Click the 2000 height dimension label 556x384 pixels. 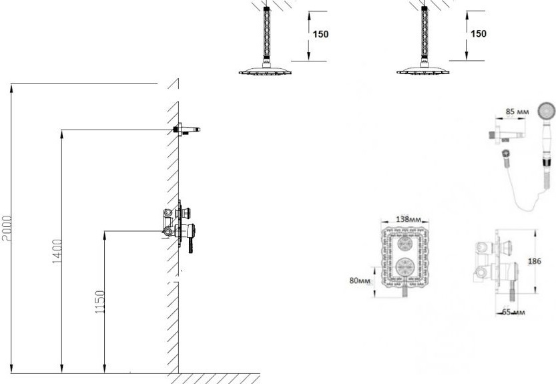coord(7,228)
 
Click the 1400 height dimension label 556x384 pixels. coord(57,251)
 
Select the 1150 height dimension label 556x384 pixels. coord(100,302)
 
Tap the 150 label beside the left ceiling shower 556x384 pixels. coord(320,34)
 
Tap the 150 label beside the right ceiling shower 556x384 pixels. coord(479,33)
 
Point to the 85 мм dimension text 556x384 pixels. coord(517,112)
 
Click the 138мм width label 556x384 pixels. coord(408,219)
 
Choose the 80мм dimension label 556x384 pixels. coord(360,280)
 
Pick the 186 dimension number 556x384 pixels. coord(535,261)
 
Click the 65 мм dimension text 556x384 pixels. coord(513,313)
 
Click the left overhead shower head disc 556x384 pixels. coord(265,71)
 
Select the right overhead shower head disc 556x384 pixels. coord(423,71)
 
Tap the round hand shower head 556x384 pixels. coord(546,110)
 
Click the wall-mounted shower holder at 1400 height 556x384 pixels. coord(186,130)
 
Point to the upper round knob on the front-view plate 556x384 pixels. coord(404,244)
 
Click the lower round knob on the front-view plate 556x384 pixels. coord(404,266)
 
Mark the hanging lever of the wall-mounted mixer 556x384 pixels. coord(191,244)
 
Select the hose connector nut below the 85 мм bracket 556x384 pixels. coord(506,154)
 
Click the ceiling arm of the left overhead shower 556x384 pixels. coord(266,33)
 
